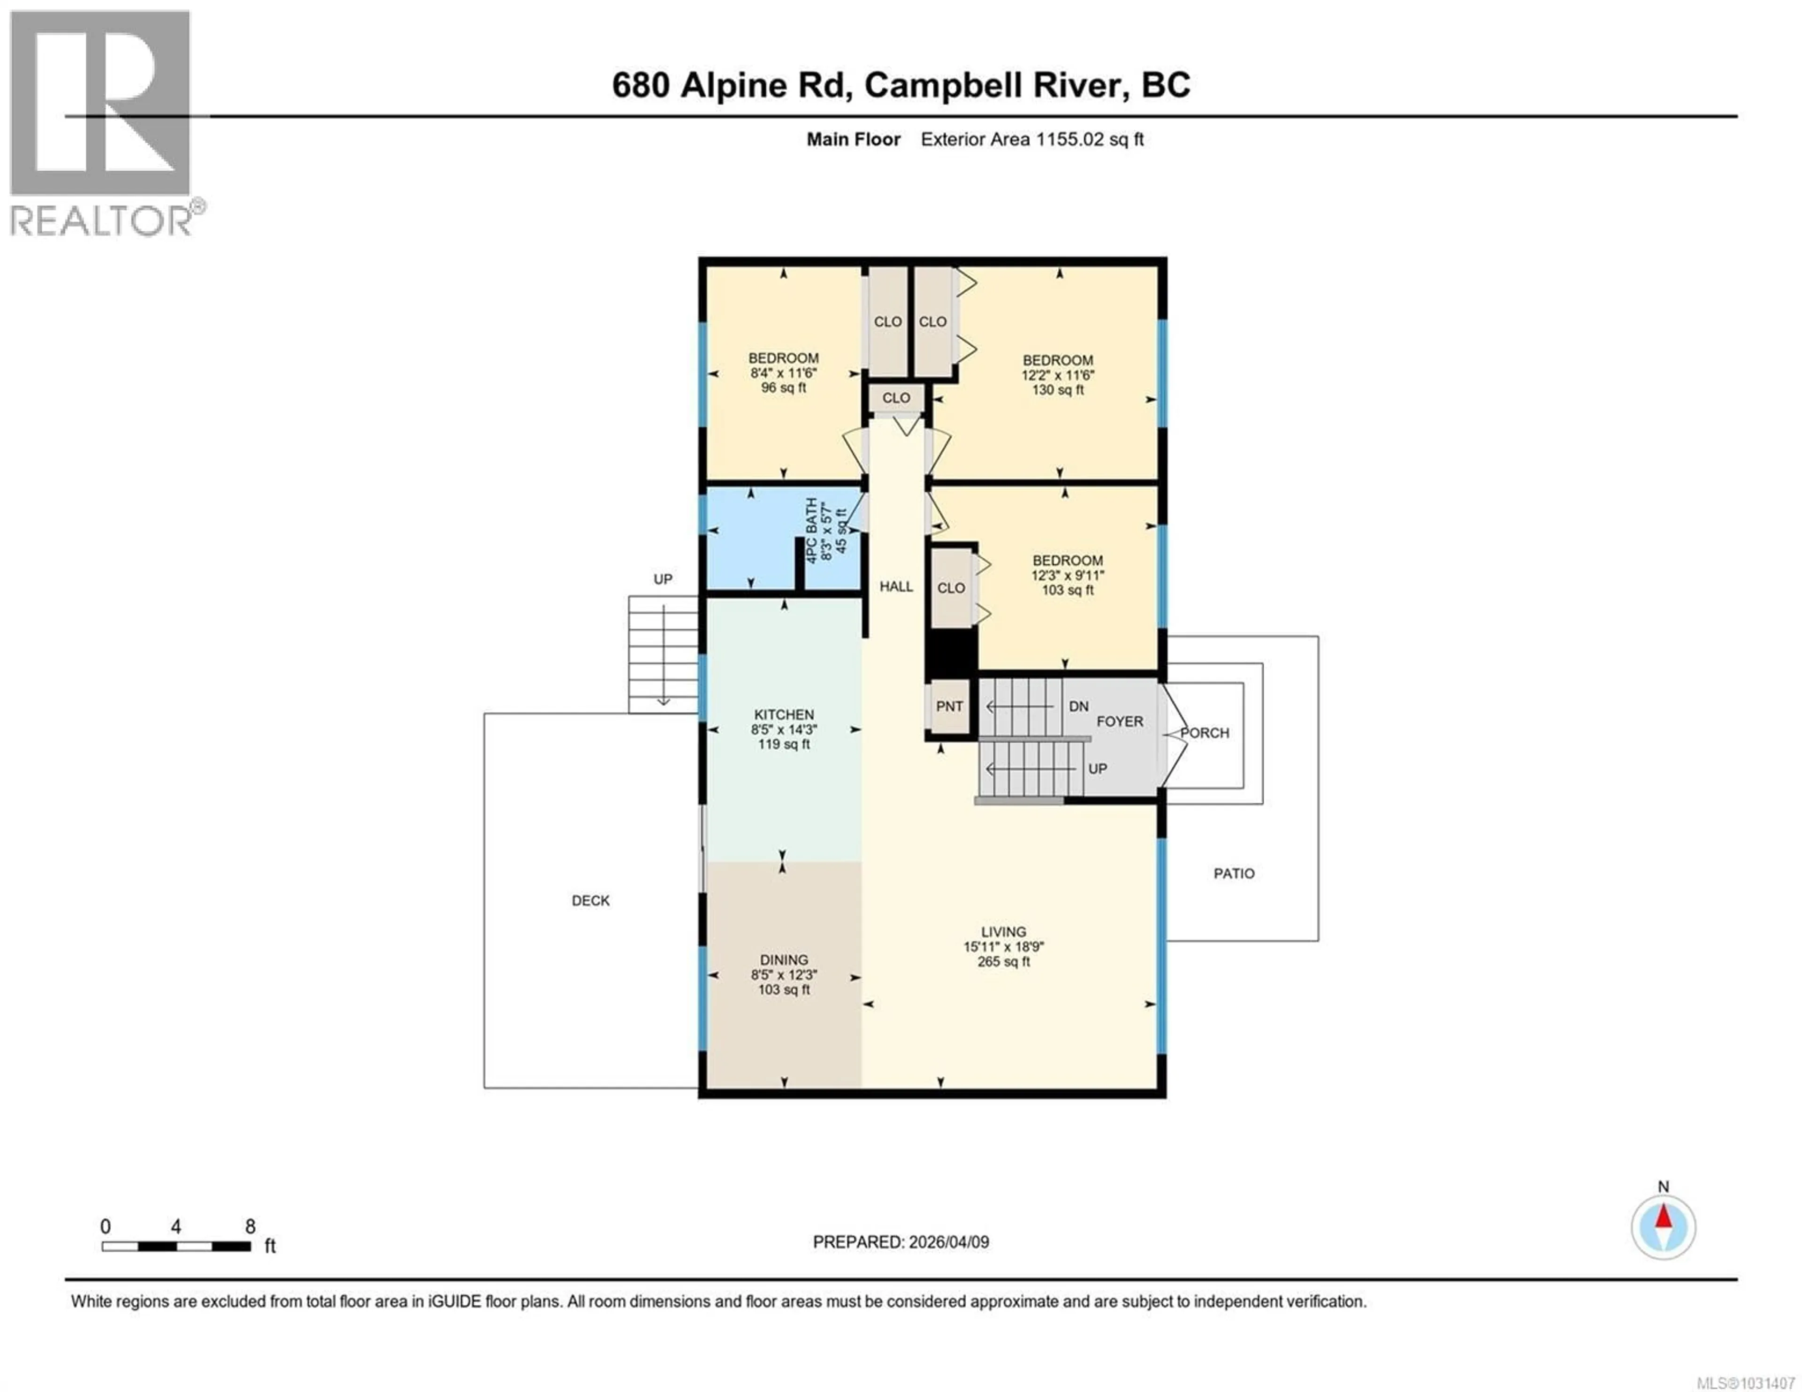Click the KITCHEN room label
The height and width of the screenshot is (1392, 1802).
coord(783,715)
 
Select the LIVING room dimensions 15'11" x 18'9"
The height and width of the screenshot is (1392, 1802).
coord(1003,946)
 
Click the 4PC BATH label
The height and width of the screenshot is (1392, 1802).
coord(812,531)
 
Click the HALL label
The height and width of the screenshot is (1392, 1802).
coord(895,586)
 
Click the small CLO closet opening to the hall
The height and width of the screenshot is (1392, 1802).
coord(896,398)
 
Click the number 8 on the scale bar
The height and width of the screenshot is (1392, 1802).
coord(250,1227)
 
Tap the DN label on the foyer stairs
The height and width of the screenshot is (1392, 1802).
coord(1078,706)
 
